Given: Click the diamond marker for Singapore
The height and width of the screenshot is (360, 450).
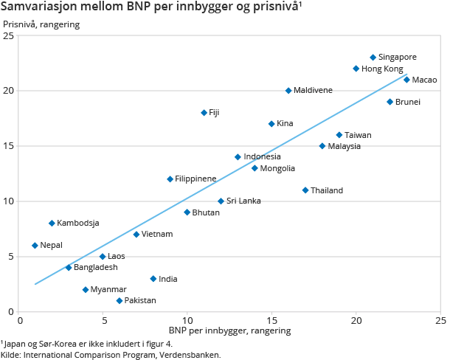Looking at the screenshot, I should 373,58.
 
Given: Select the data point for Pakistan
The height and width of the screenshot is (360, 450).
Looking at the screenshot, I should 120,301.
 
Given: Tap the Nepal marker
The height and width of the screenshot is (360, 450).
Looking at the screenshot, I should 35,246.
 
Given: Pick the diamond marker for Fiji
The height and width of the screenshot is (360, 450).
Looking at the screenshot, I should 204,113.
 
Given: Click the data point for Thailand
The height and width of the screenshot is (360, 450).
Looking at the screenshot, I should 305,190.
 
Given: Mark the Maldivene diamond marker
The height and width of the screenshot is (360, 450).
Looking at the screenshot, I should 288,91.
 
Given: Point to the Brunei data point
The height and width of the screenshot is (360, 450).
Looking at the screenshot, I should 390,102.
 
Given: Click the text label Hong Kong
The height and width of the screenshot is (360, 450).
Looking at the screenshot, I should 382,69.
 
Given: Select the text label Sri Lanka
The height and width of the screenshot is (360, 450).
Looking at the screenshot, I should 243,201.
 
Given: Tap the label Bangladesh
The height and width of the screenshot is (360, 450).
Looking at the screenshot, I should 95,267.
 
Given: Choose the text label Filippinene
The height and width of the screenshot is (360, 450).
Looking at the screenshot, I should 195,179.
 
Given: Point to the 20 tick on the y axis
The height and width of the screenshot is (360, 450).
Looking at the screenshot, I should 9,91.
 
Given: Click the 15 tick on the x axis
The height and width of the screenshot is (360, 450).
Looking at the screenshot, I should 271,321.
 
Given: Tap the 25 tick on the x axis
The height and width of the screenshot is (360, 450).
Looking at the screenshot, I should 440,321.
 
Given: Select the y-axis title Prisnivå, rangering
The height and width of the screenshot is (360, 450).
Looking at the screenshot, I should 41,24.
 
